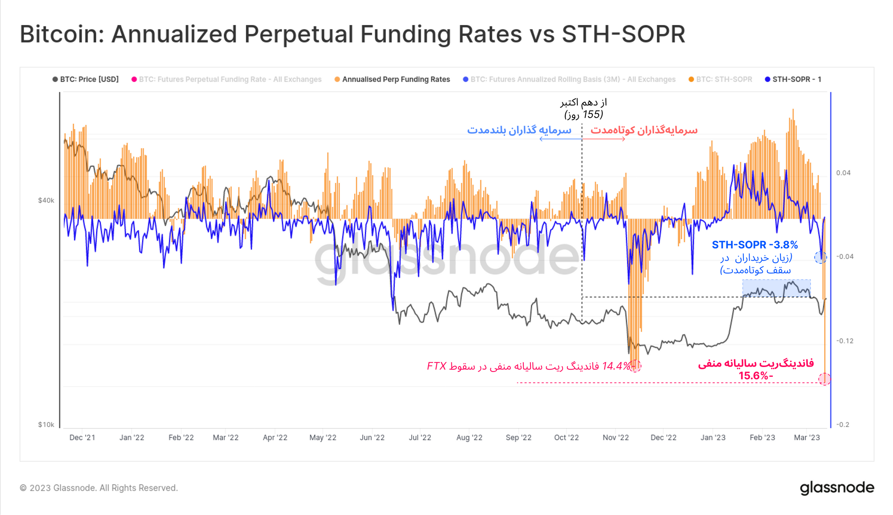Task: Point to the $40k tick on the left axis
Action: click(46, 200)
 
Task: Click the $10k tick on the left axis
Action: click(46, 424)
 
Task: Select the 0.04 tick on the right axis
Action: click(843, 173)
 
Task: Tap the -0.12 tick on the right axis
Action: click(844, 341)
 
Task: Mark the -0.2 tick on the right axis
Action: click(843, 424)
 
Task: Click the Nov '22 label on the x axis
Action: click(615, 438)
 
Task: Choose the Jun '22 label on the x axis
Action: click(372, 438)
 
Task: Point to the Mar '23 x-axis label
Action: click(806, 438)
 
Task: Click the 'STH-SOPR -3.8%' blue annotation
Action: click(754, 245)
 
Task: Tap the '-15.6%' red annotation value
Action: click(755, 376)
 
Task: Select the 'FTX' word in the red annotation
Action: click(436, 366)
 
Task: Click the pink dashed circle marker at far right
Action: click(824, 379)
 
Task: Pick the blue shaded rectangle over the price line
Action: click(776, 288)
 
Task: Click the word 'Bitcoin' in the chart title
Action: click(61, 34)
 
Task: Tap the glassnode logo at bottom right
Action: click(837, 488)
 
